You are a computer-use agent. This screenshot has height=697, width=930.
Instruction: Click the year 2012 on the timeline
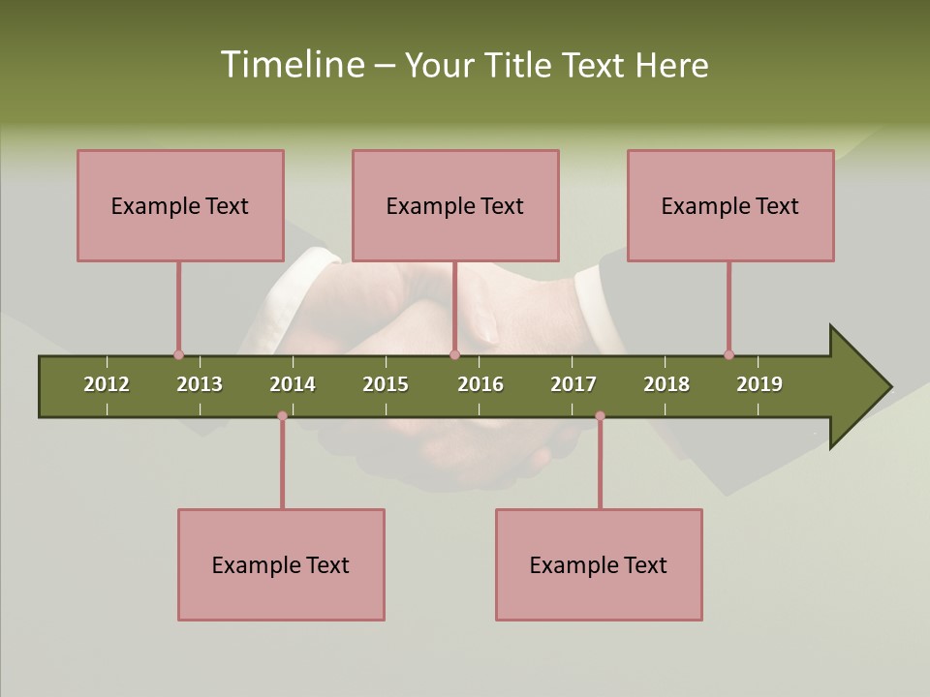coord(107,384)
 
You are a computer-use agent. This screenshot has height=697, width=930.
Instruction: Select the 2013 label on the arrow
coord(200,384)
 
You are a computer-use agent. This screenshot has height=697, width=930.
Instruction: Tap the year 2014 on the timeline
coord(293,384)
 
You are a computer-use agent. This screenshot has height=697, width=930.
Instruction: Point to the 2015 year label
coord(386,384)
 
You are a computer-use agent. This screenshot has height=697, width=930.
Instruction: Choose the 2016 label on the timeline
coord(480,384)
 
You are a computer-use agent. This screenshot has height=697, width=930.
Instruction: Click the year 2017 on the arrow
coord(573,384)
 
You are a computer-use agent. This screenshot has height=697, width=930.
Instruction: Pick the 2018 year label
coord(666,384)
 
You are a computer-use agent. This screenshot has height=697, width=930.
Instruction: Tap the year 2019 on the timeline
coord(759,384)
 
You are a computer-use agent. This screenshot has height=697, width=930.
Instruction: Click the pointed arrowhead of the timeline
coord(862,387)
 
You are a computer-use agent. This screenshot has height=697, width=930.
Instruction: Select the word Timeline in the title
coord(291,65)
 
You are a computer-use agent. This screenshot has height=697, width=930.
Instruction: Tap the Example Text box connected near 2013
coord(180,205)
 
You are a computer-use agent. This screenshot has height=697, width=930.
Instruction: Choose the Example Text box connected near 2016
coord(455,205)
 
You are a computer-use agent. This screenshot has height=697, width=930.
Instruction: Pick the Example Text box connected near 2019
coord(730,205)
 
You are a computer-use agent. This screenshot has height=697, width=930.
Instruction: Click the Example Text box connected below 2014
coord(281,564)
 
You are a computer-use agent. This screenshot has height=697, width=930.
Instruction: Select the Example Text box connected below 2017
coord(599,564)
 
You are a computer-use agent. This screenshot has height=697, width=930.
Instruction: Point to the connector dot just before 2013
coord(178,354)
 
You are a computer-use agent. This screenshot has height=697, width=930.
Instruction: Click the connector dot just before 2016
coord(454,354)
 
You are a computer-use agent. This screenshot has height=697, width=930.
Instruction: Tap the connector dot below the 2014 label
coord(282,415)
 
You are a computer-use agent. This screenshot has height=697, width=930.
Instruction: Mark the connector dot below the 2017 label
coord(600,415)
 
